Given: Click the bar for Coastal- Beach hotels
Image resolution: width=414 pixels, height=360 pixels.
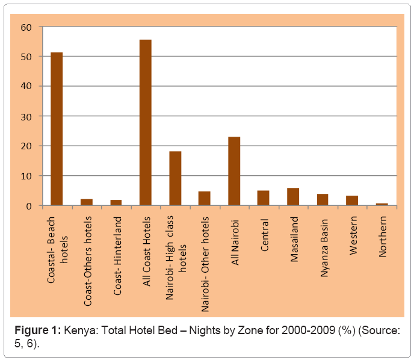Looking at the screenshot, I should [x=57, y=129].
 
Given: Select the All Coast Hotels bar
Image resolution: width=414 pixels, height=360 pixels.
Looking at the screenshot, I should [x=146, y=123].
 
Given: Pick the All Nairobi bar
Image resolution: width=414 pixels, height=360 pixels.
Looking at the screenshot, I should [x=234, y=171].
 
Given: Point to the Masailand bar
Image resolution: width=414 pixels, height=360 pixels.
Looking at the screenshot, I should [x=293, y=197].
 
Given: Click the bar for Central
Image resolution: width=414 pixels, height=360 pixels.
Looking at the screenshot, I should [x=264, y=198].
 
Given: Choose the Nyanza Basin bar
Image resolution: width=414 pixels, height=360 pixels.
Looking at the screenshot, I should [x=323, y=200].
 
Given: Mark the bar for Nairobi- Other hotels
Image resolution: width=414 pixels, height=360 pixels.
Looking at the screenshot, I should [x=205, y=199].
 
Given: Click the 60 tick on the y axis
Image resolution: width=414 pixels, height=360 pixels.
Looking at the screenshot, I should [x=26, y=27].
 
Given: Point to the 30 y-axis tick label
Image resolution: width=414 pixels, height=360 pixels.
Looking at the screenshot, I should [x=26, y=116].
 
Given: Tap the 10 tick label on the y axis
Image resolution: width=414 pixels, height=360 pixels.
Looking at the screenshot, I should [x=26, y=176].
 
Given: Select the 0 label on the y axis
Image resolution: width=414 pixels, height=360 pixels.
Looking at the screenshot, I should [x=29, y=206].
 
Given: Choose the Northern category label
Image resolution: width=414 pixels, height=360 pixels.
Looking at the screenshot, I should [x=383, y=237].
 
